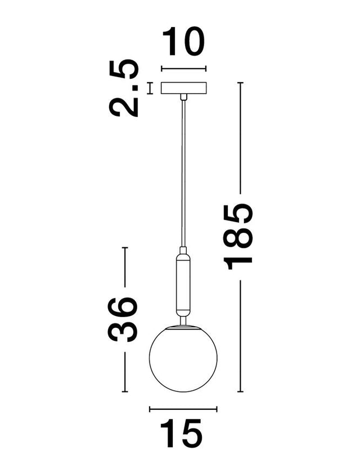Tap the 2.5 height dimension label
click(124, 88)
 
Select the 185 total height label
click(238, 236)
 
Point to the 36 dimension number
click(123, 319)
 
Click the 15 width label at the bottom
click(181, 434)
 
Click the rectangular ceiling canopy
click(183, 88)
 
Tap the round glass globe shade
click(183, 359)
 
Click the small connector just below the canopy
click(183, 97)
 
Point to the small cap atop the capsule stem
click(183, 251)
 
